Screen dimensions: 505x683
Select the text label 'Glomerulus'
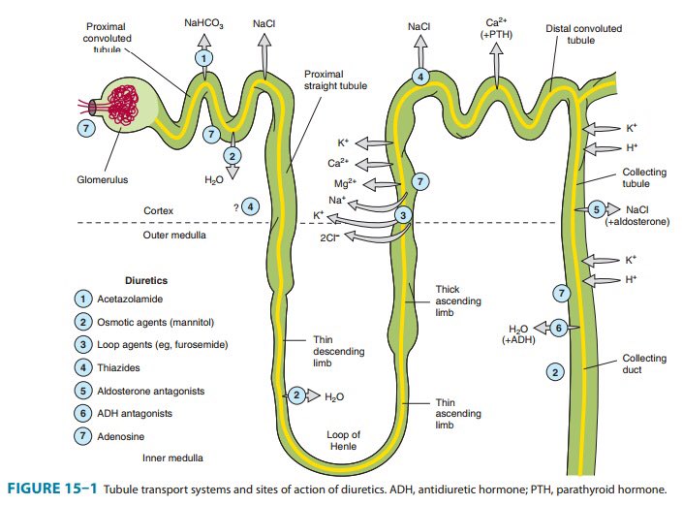click(102, 178)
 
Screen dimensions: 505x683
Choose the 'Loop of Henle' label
click(343, 441)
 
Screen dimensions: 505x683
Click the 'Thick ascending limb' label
click(452, 301)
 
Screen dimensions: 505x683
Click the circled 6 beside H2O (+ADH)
click(558, 329)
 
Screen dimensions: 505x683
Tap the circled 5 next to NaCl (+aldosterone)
click(597, 209)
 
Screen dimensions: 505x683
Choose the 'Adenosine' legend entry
click(123, 436)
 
